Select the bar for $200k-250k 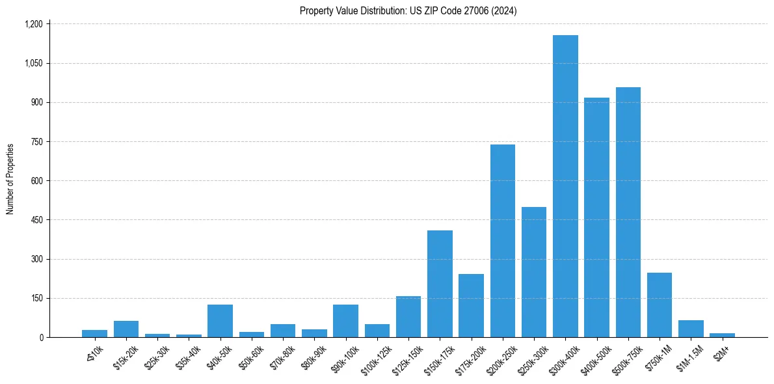pos(503,241)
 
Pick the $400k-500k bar pos(596,217)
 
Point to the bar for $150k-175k pos(440,284)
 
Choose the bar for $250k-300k pos(534,272)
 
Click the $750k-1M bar pos(660,305)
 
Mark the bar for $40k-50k pos(220,321)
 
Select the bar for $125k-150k pos(408,317)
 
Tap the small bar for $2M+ pos(722,335)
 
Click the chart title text pos(408,10)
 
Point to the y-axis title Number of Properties pos(10,179)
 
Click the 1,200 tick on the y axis pos(33,24)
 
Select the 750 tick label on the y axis pos(36,142)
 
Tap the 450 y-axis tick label pos(36,220)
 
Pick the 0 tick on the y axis pos(40,338)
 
